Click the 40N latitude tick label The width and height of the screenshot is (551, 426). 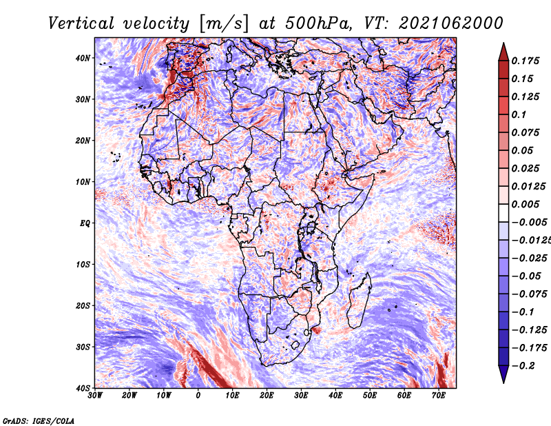[83, 58]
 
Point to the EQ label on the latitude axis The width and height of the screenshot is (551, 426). [85, 223]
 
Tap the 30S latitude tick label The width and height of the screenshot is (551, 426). [83, 347]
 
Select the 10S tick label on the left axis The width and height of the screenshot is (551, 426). [83, 265]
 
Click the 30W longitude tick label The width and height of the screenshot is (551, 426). [95, 396]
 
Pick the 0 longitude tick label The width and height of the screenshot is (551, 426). [198, 396]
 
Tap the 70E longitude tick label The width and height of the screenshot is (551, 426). [439, 396]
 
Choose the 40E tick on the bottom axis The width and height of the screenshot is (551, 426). [335, 396]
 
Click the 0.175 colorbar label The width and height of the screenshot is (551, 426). [525, 61]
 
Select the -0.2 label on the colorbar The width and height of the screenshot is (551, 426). [523, 366]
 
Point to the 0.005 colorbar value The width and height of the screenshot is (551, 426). [525, 204]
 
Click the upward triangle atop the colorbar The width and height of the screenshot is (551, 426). [503, 52]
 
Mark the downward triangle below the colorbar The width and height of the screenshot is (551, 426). [503, 374]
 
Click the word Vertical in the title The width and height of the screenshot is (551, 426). [81, 23]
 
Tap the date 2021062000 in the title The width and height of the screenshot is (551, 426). [451, 23]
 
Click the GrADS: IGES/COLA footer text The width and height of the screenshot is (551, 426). [39, 421]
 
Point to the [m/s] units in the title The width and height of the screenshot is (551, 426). [224, 23]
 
